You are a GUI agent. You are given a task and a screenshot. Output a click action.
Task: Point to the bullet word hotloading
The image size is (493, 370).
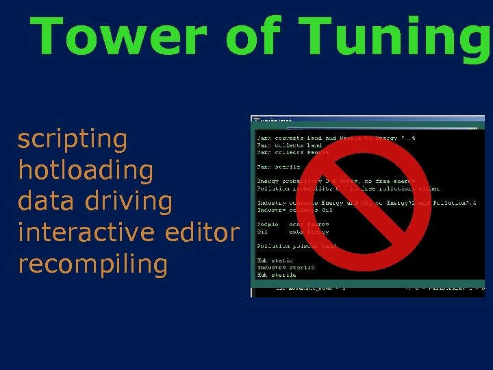86,171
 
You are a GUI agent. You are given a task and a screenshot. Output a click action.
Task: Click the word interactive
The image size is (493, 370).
88,232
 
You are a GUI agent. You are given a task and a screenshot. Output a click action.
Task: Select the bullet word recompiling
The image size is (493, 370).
92,264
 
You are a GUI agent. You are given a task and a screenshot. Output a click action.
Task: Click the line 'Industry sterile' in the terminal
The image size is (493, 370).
286,267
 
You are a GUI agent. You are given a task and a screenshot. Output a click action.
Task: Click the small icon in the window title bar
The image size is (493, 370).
257,120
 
